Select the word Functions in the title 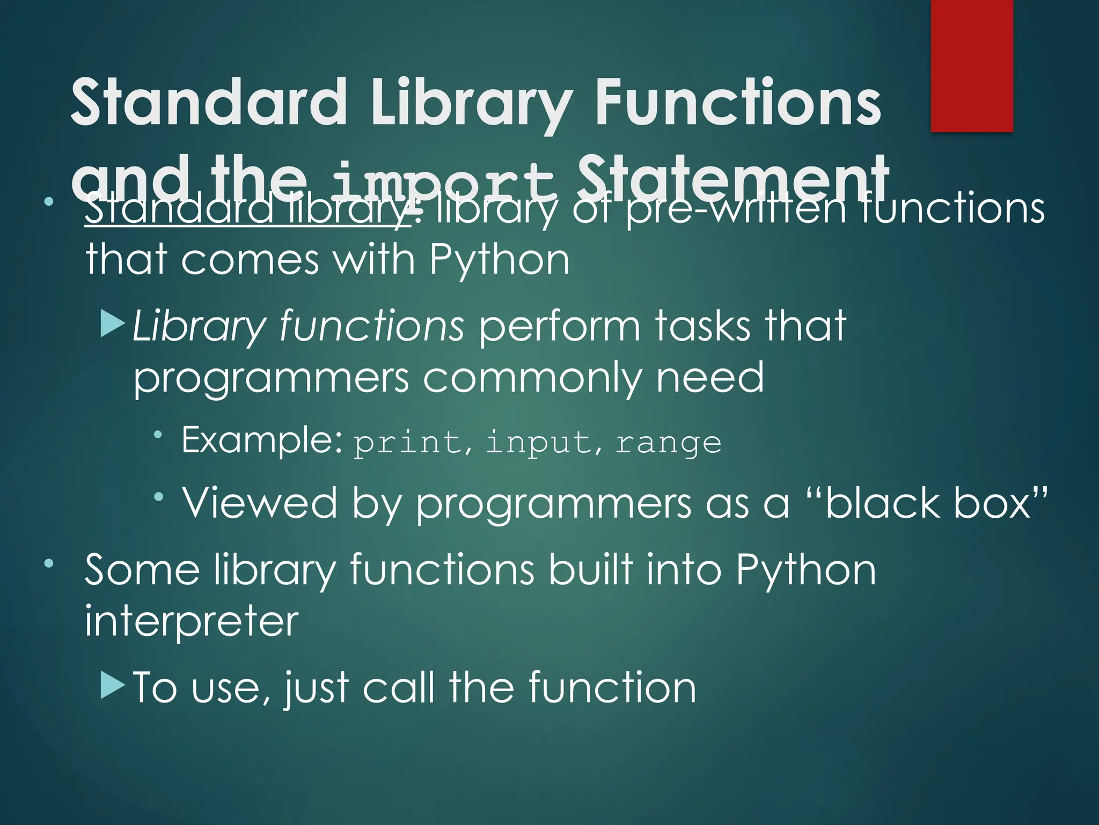tap(738, 102)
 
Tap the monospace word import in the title tap(443, 180)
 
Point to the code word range tap(668, 444)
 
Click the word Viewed tap(260, 503)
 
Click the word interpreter tap(191, 621)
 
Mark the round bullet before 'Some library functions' tap(49, 563)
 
